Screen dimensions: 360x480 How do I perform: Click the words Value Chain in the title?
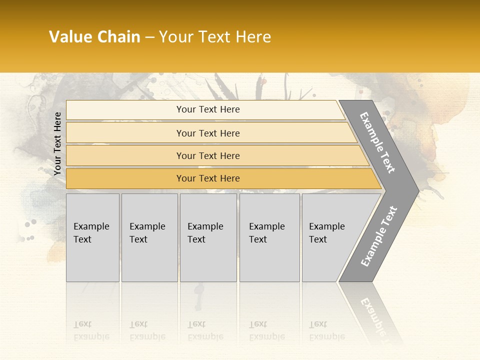(94, 37)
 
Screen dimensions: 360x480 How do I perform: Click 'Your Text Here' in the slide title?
(215, 37)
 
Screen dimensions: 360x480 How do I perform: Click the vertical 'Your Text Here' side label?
(57, 144)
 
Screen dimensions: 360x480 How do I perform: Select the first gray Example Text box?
(92, 237)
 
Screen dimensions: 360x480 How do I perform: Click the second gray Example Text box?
(149, 237)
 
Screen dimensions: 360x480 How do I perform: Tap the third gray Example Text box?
(208, 237)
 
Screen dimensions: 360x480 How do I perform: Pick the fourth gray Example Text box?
(269, 237)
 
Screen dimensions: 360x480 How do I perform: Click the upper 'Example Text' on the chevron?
(377, 142)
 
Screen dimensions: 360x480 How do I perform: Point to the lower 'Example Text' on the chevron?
(379, 236)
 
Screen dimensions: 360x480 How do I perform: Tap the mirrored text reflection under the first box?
(91, 331)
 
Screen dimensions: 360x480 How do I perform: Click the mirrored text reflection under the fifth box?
(326, 331)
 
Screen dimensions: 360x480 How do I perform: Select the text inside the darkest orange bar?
(208, 178)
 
